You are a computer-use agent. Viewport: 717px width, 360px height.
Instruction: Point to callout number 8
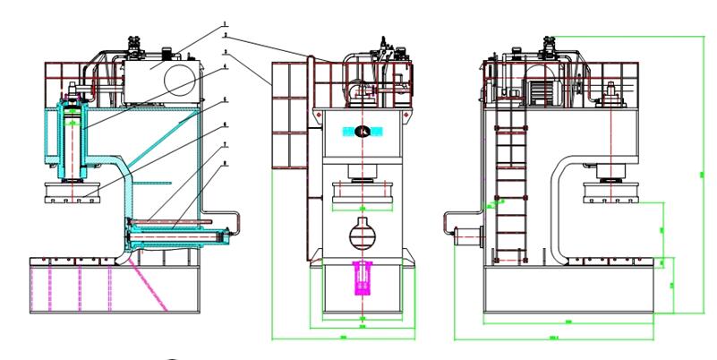(x=226, y=165)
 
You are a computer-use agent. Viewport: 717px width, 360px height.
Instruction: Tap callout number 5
(x=226, y=99)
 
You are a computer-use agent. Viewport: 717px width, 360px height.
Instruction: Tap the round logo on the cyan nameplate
(x=363, y=133)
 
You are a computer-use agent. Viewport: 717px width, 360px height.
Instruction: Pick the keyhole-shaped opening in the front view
(x=363, y=236)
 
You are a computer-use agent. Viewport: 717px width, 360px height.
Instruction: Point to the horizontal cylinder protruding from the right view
(x=466, y=236)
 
